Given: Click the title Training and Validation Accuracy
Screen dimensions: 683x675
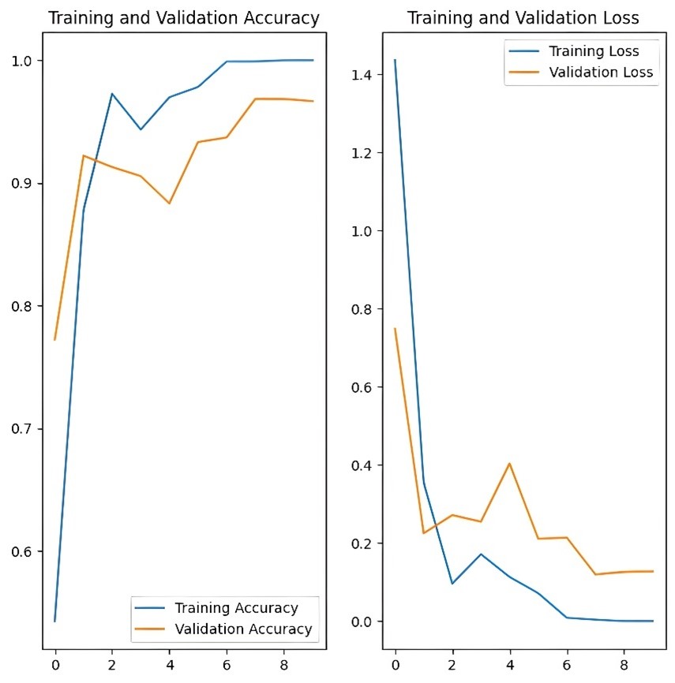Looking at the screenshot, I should [184, 18].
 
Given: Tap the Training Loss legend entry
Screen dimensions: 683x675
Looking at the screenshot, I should [594, 51].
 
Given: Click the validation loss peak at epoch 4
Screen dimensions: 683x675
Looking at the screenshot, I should [509, 463].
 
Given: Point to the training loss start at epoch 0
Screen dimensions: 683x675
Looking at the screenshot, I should [395, 59].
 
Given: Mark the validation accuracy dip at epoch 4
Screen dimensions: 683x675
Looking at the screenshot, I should [169, 203].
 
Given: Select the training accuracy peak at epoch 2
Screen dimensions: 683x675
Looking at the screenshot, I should [112, 94].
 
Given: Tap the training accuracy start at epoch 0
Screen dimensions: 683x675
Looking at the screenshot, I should [54, 621].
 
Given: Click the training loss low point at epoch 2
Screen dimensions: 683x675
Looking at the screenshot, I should [452, 584].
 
